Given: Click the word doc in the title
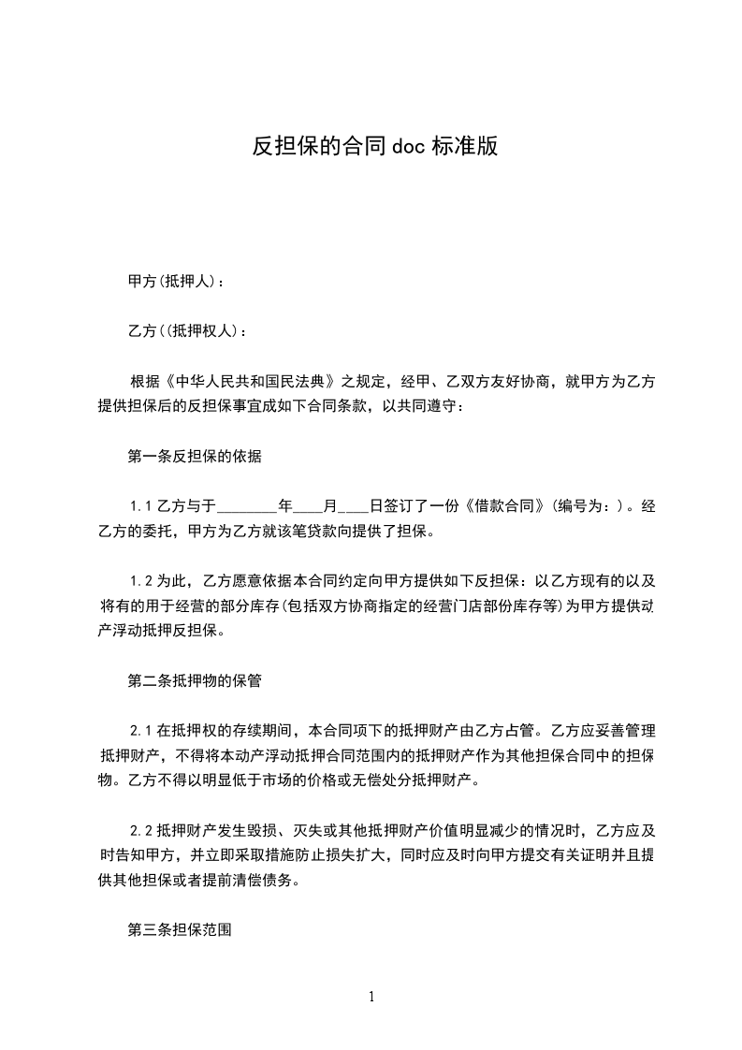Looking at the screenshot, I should pos(408,147).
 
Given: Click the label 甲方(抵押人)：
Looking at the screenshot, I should pos(175,281).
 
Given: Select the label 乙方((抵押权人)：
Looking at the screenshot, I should pos(187,331).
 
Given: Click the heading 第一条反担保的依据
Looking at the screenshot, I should pos(194,458).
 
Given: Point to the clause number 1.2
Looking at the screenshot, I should pos(141,580).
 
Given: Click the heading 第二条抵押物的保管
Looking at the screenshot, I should pos(194,681).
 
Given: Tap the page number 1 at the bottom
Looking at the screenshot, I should pos(371,997).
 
